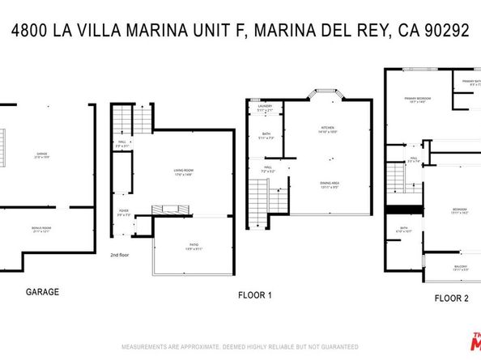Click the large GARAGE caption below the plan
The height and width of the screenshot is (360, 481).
pos(42,291)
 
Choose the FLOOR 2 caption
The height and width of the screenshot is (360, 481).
pos(451,298)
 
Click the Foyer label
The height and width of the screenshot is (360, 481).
pos(123,214)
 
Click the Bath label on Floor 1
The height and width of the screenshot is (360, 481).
pos(266,134)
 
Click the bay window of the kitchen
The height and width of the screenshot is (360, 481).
pos(326,95)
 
